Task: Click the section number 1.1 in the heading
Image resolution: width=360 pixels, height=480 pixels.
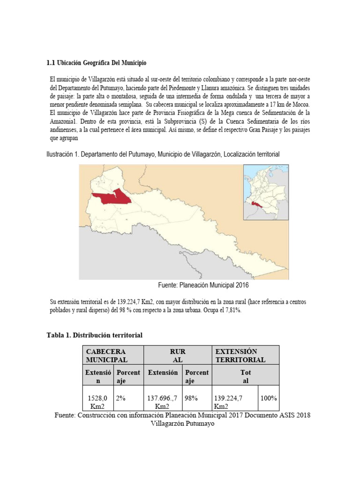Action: click(x=51, y=62)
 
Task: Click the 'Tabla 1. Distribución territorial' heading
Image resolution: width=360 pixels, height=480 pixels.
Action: click(x=94, y=335)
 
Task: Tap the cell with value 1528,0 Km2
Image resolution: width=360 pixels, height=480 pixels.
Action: click(x=98, y=402)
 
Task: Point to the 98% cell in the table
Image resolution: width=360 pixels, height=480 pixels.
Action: click(x=191, y=398)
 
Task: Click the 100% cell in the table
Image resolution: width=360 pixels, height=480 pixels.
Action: click(x=269, y=398)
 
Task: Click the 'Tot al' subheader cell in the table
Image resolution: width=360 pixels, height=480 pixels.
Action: click(x=246, y=376)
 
